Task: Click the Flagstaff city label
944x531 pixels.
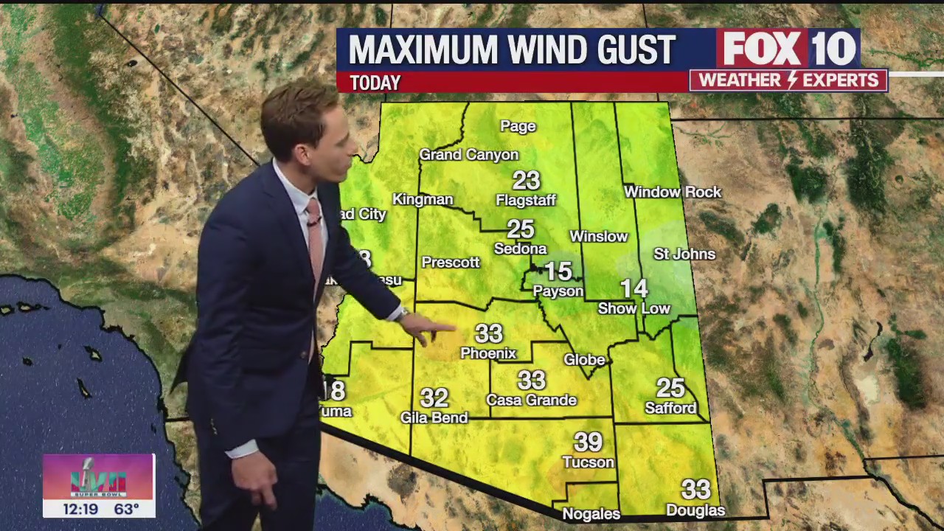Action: click(x=526, y=201)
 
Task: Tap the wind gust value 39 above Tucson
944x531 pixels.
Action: click(x=589, y=442)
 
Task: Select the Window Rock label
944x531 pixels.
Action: click(x=673, y=192)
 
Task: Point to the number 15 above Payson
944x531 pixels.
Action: click(x=558, y=271)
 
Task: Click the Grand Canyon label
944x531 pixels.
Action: click(x=469, y=155)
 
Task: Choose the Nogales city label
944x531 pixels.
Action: click(x=591, y=514)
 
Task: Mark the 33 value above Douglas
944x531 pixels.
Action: click(x=695, y=489)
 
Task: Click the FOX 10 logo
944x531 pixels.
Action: click(x=788, y=49)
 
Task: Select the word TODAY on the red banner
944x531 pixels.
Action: click(x=375, y=83)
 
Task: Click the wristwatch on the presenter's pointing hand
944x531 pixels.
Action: click(x=402, y=313)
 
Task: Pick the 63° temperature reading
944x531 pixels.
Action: click(x=126, y=510)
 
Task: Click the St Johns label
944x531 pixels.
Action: click(x=684, y=254)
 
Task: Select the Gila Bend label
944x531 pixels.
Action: click(x=434, y=418)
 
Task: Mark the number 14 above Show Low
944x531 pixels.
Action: click(x=634, y=288)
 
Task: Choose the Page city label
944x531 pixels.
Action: click(x=518, y=127)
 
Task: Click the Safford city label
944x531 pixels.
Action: click(x=670, y=408)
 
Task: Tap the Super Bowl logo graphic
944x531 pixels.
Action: click(x=98, y=476)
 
